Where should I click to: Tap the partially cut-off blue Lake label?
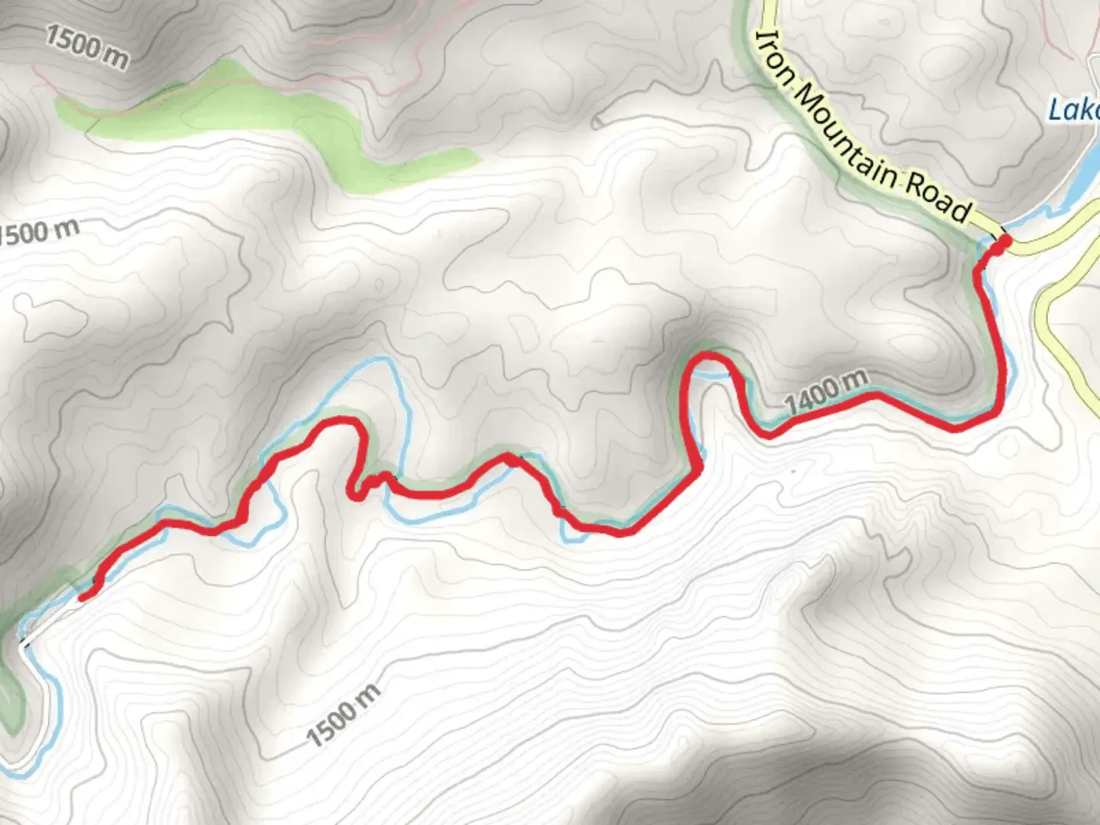pos(1074,110)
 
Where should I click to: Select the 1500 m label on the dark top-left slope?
pos(86,46)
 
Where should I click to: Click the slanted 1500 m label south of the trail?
pos(344,715)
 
